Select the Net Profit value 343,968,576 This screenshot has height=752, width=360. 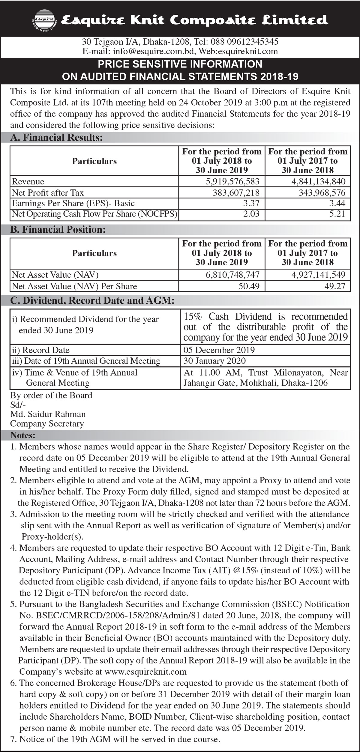(322, 192)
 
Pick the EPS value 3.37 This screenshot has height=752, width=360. (251, 203)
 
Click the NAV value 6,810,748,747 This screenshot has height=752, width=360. (232, 275)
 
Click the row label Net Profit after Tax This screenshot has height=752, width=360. (48, 192)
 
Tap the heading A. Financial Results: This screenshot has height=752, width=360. (56, 138)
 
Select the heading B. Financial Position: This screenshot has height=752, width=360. (58, 230)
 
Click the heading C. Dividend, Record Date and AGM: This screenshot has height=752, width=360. (92, 301)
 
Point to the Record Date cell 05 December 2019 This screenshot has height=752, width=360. (219, 350)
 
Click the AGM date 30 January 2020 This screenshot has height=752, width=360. (214, 361)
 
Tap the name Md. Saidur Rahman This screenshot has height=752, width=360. (48, 414)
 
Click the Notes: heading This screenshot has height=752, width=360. (23, 435)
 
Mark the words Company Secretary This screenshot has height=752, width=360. (47, 424)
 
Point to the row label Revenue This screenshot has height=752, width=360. (28, 181)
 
